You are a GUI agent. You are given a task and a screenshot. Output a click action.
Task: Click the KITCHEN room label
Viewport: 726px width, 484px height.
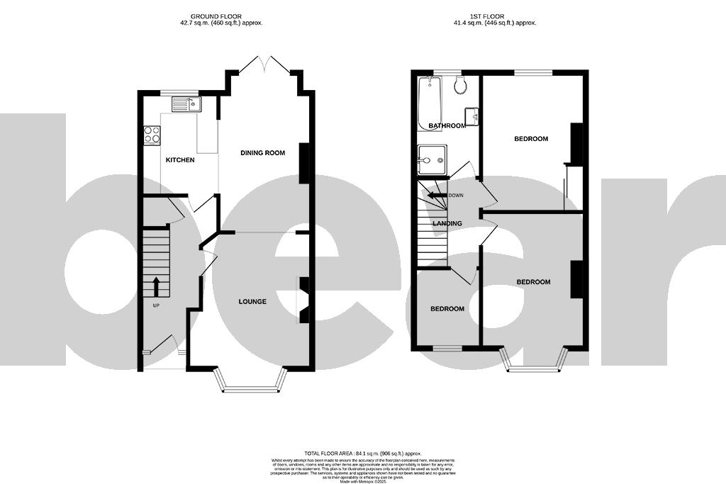(180, 160)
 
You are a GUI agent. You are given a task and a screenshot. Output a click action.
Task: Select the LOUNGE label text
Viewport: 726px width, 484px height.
(252, 302)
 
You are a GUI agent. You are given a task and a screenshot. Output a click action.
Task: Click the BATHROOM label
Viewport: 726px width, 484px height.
(447, 126)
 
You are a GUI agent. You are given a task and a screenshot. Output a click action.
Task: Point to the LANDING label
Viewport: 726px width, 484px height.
(447, 224)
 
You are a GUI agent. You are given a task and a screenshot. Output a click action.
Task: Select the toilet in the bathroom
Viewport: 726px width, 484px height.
(460, 86)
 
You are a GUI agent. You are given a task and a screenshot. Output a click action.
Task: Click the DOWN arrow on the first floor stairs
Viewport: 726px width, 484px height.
(435, 196)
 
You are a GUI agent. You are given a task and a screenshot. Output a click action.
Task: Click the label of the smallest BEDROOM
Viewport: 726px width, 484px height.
(447, 309)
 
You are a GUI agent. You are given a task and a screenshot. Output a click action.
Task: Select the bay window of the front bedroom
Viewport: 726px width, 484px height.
(535, 362)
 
